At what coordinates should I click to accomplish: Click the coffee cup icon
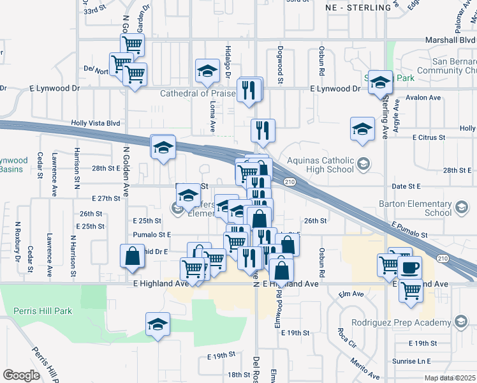point(411,267)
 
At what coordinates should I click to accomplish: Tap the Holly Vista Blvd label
point(96,123)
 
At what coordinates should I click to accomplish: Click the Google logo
point(21,375)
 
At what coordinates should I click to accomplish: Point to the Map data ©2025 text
point(450,378)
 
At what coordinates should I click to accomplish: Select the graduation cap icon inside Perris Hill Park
point(157,324)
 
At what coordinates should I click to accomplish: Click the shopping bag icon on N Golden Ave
point(131,256)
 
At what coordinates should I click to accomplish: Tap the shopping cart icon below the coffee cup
point(411,290)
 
